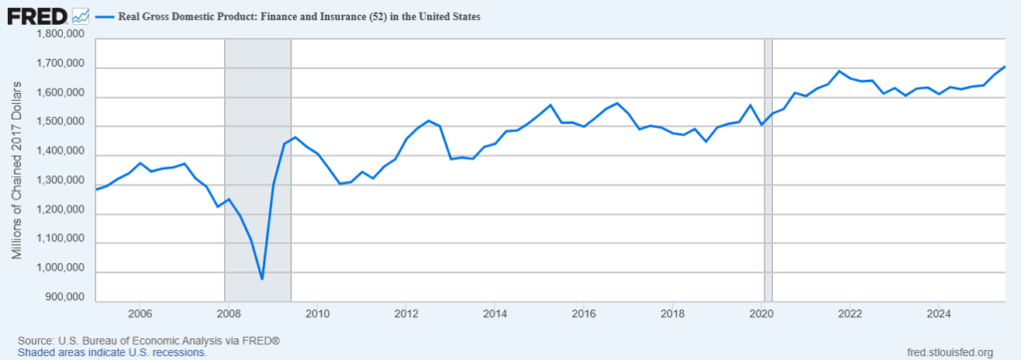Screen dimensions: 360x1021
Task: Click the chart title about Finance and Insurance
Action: click(x=307, y=17)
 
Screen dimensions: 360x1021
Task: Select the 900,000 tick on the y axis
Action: click(x=63, y=297)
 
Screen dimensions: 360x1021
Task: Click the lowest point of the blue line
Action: click(x=262, y=279)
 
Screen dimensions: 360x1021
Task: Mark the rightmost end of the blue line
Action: click(x=1005, y=66)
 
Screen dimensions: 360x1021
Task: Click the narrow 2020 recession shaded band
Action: click(x=768, y=170)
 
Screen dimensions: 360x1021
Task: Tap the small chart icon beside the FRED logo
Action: click(x=80, y=17)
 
